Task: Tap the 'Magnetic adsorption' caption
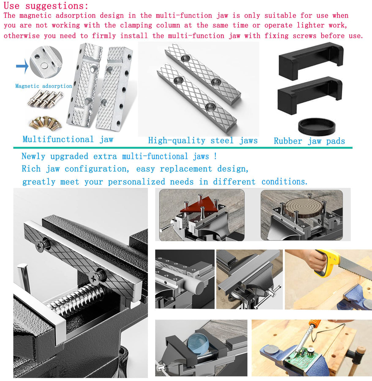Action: pyautogui.click(x=44, y=86)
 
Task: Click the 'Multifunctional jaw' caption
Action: pyautogui.click(x=68, y=139)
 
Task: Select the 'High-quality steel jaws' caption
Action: pyautogui.click(x=203, y=141)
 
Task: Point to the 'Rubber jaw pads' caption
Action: pyautogui.click(x=309, y=141)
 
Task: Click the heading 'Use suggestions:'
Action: pyautogui.click(x=46, y=6)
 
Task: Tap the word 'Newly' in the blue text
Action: pyautogui.click(x=33, y=156)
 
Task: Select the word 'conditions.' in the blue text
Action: pyautogui.click(x=284, y=182)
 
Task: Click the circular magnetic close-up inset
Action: pyautogui.click(x=46, y=62)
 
